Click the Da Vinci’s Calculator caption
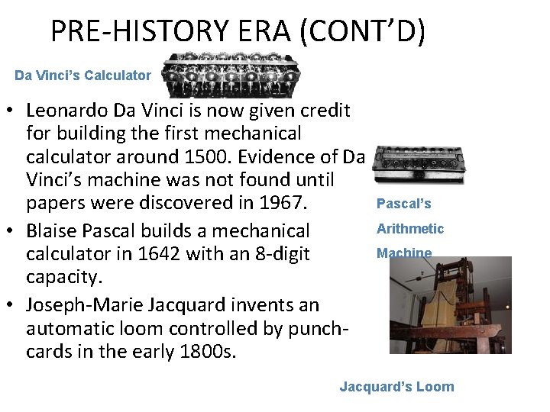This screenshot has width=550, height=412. coord(83,76)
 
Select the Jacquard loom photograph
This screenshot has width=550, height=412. coord(450,305)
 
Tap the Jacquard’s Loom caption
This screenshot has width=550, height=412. coord(396,387)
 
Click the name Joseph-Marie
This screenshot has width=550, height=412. coord(78,305)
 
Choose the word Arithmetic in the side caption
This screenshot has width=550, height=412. coord(410,229)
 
